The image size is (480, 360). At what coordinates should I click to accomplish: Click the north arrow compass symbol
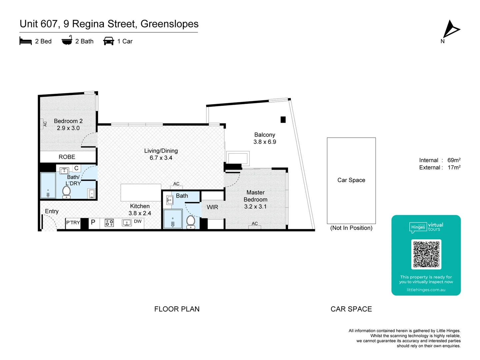tap(451, 29)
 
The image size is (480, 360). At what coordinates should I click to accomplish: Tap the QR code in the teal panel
tap(426, 254)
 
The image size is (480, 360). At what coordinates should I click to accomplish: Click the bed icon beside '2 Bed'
tap(26, 41)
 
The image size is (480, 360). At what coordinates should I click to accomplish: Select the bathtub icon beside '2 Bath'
tap(67, 41)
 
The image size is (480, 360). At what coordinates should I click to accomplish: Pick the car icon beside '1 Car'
tap(109, 41)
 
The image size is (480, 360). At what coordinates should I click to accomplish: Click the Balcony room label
tap(265, 135)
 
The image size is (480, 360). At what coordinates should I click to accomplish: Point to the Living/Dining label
tap(161, 151)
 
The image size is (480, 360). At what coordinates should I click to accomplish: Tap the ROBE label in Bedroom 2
tap(67, 157)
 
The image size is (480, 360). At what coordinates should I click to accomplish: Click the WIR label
tap(212, 207)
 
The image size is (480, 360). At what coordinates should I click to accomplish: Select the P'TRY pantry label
tap(73, 223)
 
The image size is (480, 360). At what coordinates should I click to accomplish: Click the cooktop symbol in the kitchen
tap(109, 223)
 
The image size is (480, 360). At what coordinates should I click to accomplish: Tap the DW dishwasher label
tap(138, 221)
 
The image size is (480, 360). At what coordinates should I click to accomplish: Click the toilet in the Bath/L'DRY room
tap(67, 192)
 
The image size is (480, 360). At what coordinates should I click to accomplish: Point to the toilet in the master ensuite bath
tap(191, 222)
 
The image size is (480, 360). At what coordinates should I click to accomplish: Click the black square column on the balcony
tap(283, 120)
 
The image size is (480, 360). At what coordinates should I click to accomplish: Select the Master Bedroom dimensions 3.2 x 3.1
tap(255, 207)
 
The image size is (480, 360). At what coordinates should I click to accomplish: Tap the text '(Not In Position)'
tap(351, 228)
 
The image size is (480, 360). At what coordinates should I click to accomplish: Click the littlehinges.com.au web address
tap(426, 290)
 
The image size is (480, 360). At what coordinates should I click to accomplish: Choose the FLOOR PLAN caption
tap(177, 309)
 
